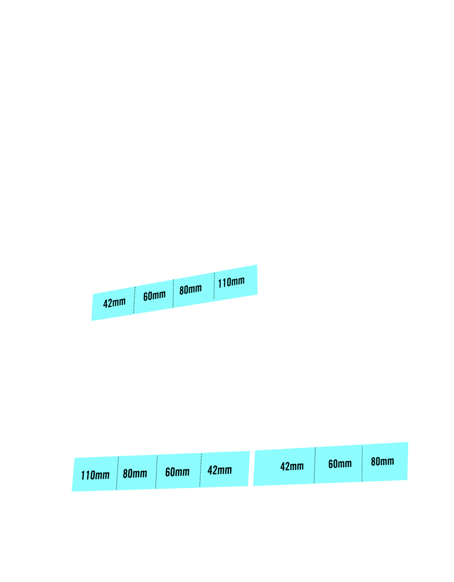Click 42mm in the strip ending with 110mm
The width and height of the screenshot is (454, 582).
pos(114,303)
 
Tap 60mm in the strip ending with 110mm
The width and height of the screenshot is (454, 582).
pos(154,295)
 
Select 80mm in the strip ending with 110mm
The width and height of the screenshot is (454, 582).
pos(191,289)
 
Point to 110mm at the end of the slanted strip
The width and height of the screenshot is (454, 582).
pos(231,282)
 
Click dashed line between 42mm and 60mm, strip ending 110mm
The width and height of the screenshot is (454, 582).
pos(134,300)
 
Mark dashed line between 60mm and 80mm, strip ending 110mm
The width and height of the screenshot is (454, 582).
pos(173,293)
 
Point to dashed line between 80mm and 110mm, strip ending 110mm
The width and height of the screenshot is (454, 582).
pos(214,286)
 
